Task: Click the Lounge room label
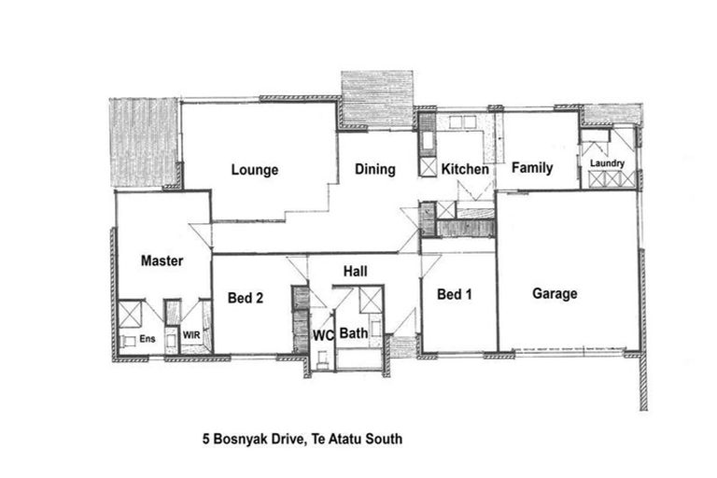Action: click(255, 170)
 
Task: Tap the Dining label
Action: click(374, 170)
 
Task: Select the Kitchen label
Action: click(465, 170)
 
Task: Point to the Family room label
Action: click(532, 169)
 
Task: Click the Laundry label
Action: click(607, 164)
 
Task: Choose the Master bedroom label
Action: click(162, 261)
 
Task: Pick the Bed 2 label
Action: click(246, 298)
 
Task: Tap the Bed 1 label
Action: click(455, 295)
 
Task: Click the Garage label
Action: click(555, 293)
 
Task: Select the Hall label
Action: click(355, 272)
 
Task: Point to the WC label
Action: click(323, 333)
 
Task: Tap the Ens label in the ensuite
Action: click(147, 339)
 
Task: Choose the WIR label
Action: click(190, 333)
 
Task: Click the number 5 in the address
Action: click(207, 437)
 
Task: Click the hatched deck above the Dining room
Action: click(376, 98)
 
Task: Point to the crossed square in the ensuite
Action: click(130, 313)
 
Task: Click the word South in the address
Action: click(384, 437)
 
